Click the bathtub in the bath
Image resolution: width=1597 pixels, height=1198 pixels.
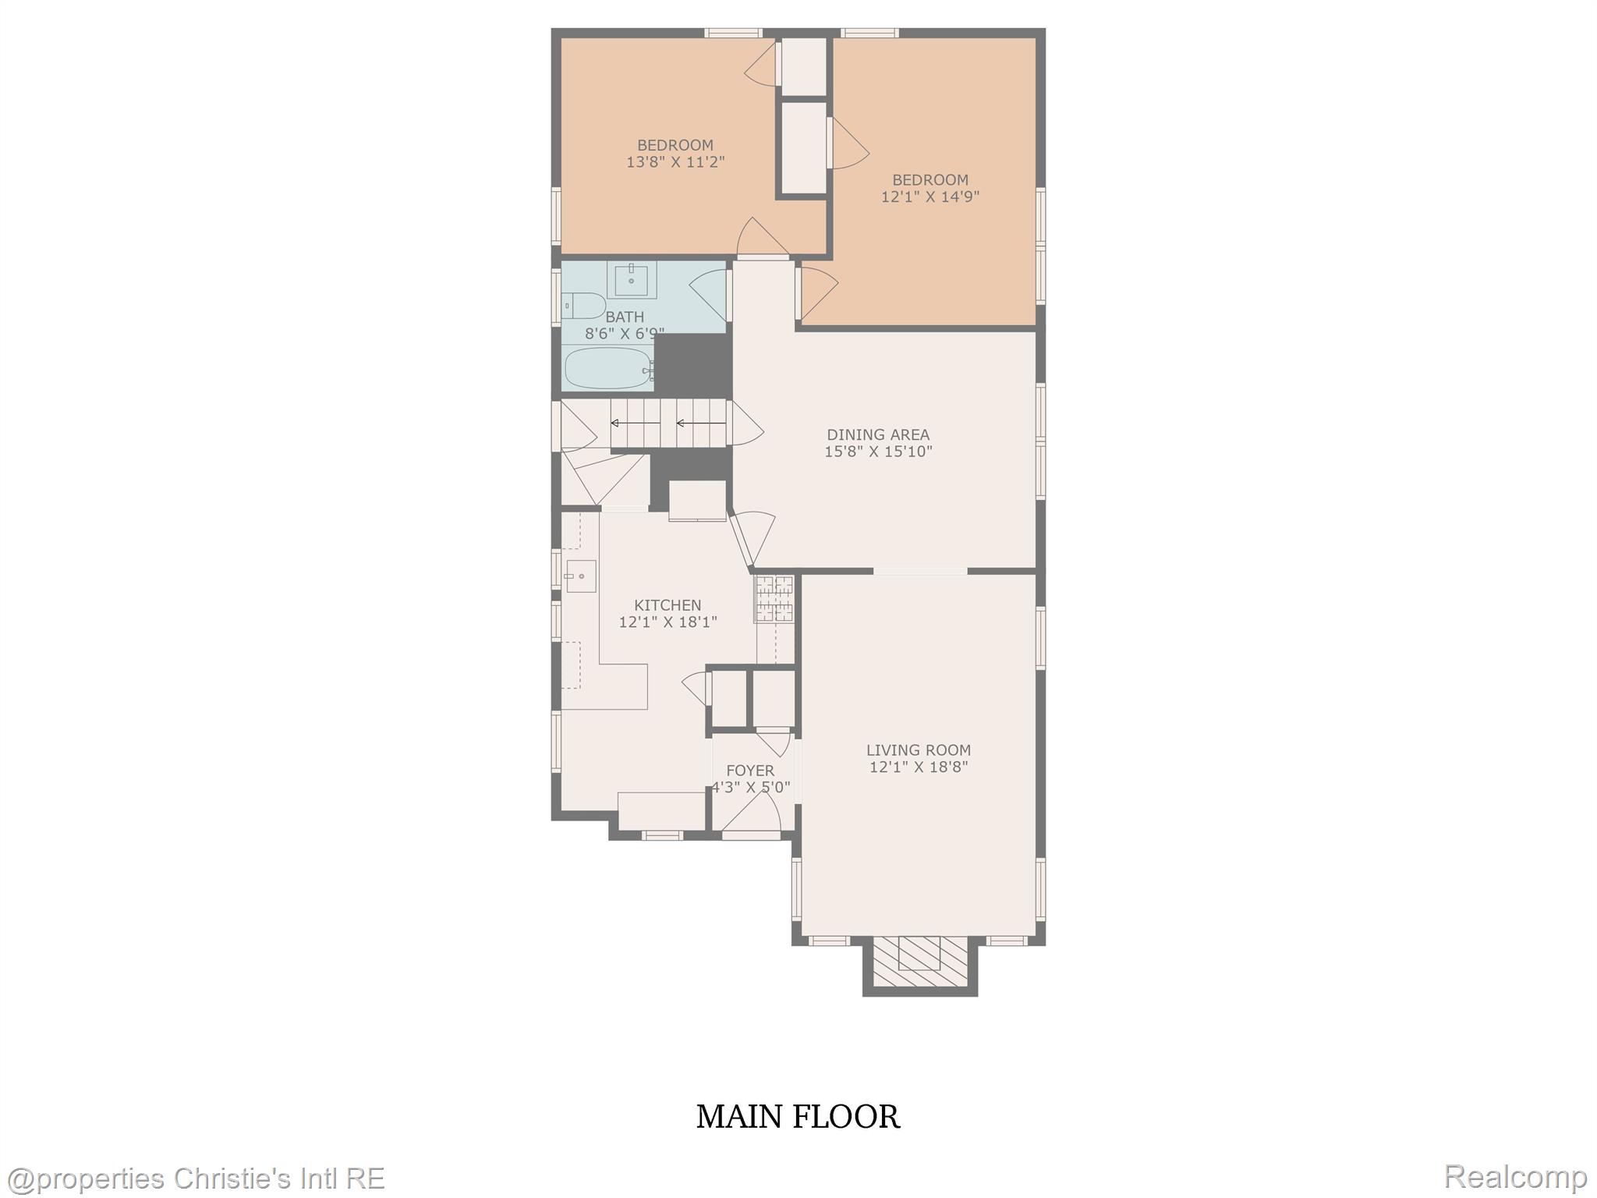pyautogui.click(x=608, y=368)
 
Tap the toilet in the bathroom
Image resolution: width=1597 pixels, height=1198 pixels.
pyautogui.click(x=585, y=305)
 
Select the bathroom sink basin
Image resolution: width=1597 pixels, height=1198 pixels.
pyautogui.click(x=631, y=280)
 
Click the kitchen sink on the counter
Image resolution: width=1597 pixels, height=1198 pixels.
pyautogui.click(x=581, y=576)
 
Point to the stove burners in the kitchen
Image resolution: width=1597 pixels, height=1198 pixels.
pyautogui.click(x=774, y=598)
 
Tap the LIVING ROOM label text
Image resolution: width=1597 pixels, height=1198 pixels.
pyautogui.click(x=919, y=750)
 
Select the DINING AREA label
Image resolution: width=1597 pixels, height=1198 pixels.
pyautogui.click(x=878, y=434)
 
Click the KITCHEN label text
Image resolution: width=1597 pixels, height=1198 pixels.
pyautogui.click(x=667, y=605)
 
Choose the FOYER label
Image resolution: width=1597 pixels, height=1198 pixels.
pyautogui.click(x=750, y=771)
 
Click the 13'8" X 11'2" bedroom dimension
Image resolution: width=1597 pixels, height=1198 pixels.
pyautogui.click(x=675, y=162)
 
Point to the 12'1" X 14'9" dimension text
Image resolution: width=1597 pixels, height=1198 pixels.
pyautogui.click(x=930, y=197)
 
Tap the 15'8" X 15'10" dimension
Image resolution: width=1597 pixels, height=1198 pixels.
pyautogui.click(x=878, y=452)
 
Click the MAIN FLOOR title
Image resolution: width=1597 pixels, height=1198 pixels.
pyautogui.click(x=798, y=1117)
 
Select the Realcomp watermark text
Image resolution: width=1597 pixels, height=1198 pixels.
pyautogui.click(x=1515, y=1176)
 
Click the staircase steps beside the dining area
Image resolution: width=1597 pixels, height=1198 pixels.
pyautogui.click(x=668, y=424)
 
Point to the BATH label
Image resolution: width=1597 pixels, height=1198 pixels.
pyautogui.click(x=625, y=317)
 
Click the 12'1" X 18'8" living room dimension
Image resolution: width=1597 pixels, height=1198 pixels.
pyautogui.click(x=919, y=767)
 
